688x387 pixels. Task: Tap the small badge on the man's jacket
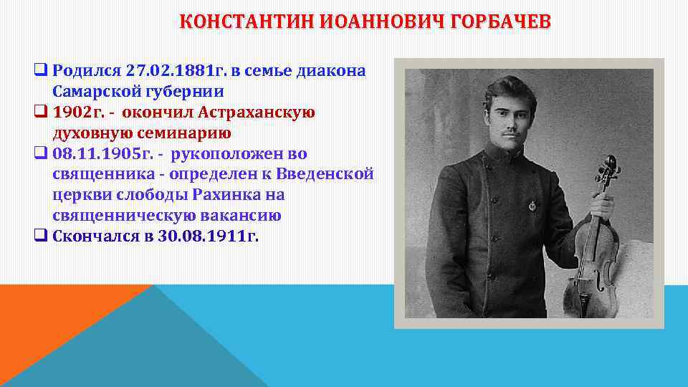pyautogui.click(x=531, y=206)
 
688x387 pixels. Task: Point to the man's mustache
pyautogui.click(x=510, y=133)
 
